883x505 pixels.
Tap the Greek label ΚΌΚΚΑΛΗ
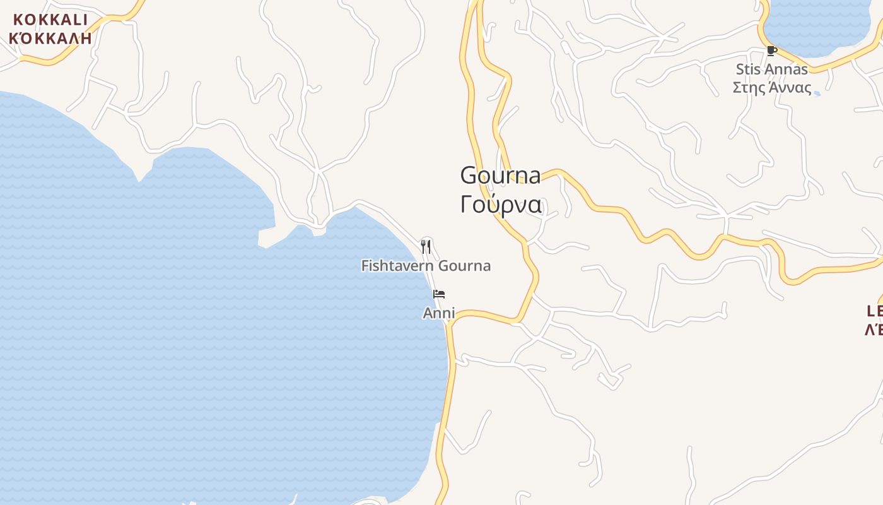[x=50, y=38]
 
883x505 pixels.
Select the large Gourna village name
[x=500, y=175]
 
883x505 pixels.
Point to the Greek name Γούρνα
[x=500, y=204]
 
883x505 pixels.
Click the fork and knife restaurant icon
[x=426, y=246]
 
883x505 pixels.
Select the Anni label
[x=439, y=312]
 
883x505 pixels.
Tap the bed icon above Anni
[x=439, y=294]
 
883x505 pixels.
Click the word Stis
[x=750, y=69]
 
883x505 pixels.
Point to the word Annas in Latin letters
[x=788, y=69]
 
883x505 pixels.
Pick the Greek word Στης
[x=748, y=87]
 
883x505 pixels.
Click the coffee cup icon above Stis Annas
[x=771, y=50]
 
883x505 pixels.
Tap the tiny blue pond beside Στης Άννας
[x=817, y=93]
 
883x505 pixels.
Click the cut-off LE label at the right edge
[x=875, y=311]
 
